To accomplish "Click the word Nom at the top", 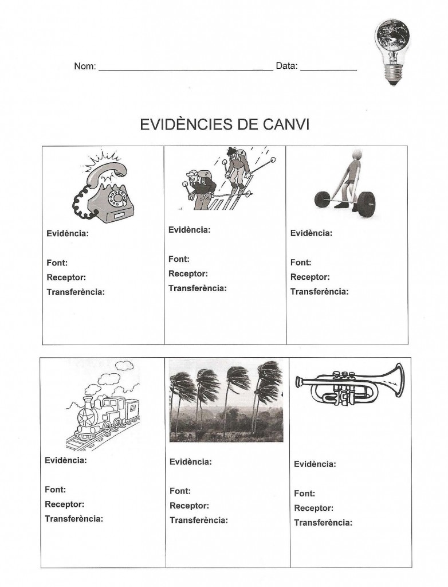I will (x=84, y=66).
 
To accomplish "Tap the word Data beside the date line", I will (x=286, y=66).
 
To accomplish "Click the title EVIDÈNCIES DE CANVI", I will (x=225, y=125).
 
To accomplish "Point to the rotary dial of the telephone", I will (x=119, y=198).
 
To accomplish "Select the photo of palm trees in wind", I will (x=226, y=401).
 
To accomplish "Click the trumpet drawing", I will (x=349, y=385).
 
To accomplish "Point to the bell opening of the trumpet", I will (x=396, y=379).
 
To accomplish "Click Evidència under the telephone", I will (x=67, y=234).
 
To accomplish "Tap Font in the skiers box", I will (x=179, y=259).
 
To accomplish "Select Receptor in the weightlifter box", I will (x=310, y=277).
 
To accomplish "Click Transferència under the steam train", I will (x=74, y=519).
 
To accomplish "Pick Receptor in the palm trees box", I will (x=189, y=506).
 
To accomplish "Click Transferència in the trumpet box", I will (x=323, y=522).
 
